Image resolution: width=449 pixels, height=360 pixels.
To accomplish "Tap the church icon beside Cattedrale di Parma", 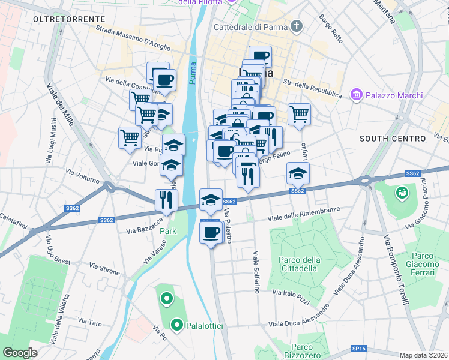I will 295,26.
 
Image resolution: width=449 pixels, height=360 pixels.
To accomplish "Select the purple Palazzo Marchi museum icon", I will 357,95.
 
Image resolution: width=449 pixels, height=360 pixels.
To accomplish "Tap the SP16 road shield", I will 359,348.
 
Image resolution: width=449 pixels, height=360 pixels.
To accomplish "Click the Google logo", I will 20,352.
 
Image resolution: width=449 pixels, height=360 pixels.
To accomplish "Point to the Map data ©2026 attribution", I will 423,355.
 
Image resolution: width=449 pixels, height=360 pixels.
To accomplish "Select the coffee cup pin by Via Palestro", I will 211,232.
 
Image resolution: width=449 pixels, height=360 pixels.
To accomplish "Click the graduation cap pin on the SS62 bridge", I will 209,201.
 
